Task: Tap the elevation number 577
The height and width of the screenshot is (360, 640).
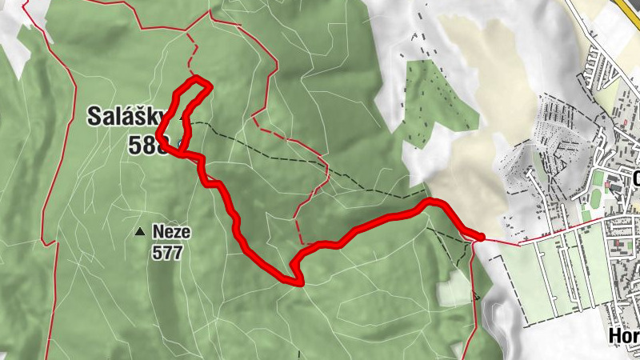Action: coord(167,254)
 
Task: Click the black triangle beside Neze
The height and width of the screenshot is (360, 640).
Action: coord(141,232)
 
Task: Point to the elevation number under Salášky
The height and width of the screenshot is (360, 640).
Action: coord(147,144)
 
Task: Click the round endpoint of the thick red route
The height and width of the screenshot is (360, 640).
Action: coord(480,235)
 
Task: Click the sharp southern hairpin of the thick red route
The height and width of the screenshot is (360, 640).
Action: coord(299,282)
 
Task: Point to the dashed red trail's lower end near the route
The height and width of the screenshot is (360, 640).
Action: coord(301,242)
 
